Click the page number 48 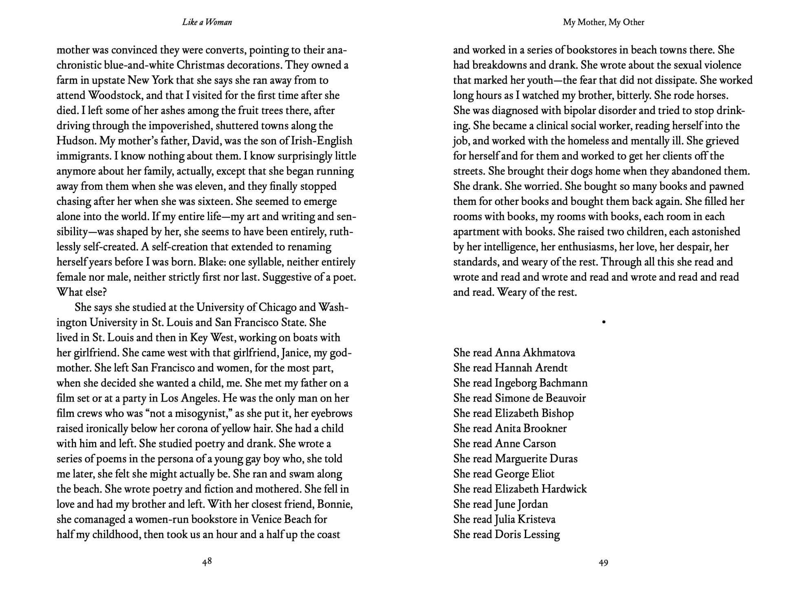(x=207, y=562)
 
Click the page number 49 (x=604, y=563)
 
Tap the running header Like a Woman (x=207, y=22)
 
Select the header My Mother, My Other (x=604, y=22)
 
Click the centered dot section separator (x=604, y=322)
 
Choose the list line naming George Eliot (x=504, y=474)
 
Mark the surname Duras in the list (x=563, y=459)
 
